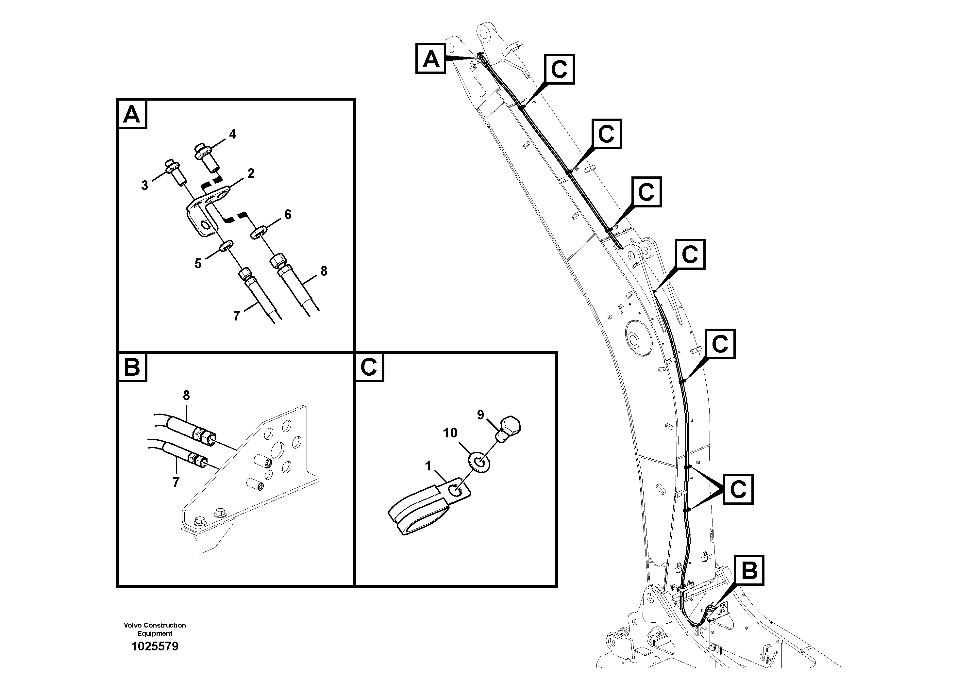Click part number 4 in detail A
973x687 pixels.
click(233, 134)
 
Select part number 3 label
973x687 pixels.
click(144, 186)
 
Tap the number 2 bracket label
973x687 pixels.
click(251, 173)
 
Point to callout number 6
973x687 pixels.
click(288, 215)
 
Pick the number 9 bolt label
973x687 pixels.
click(480, 415)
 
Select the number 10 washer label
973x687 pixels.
click(450, 433)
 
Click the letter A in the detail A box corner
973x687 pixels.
click(132, 114)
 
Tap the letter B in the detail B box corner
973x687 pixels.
click(132, 367)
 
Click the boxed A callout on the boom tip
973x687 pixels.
click(430, 58)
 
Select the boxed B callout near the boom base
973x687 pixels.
click(749, 570)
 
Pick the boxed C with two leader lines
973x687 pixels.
click(738, 490)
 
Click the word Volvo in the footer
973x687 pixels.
click(133, 625)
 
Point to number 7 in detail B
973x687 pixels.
click(176, 482)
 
